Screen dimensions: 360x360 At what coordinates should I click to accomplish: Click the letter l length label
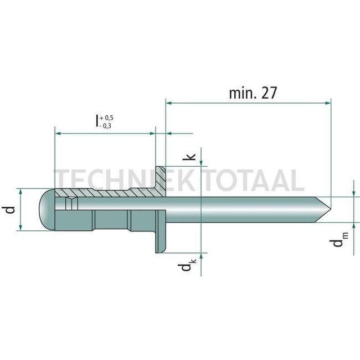pyautogui.click(x=97, y=121)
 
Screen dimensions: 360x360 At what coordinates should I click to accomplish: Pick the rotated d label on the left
pyautogui.click(x=10, y=210)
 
